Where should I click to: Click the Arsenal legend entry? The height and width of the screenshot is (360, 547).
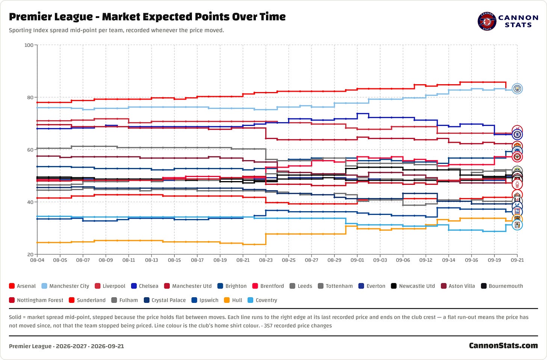point(22,286)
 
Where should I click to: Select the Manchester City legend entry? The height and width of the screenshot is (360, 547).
point(65,286)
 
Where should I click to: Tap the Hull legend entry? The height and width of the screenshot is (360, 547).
point(233,300)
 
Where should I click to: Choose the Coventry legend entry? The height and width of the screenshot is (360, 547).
point(262,300)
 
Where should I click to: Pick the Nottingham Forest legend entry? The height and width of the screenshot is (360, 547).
point(36,300)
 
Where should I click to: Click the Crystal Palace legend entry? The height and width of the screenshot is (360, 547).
point(165,300)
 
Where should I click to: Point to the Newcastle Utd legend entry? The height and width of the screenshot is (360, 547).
point(413,286)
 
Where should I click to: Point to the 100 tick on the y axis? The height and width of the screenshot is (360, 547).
point(29,45)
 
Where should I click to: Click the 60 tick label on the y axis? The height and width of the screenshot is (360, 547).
point(30,150)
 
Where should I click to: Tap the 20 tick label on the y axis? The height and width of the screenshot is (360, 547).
point(30,254)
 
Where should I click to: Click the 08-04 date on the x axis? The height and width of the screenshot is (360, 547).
point(37,260)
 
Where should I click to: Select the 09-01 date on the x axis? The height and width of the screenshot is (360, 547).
point(357,260)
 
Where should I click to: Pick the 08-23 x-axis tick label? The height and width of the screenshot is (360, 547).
point(266,260)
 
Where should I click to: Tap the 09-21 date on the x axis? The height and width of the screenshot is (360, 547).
point(517,260)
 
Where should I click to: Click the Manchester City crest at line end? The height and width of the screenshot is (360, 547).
point(517,89)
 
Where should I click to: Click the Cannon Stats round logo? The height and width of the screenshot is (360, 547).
point(487,21)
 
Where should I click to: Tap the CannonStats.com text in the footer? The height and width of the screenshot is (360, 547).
point(503,346)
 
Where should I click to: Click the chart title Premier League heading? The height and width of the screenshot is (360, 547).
point(147,17)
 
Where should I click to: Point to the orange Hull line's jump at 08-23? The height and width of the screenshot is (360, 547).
point(266,239)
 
